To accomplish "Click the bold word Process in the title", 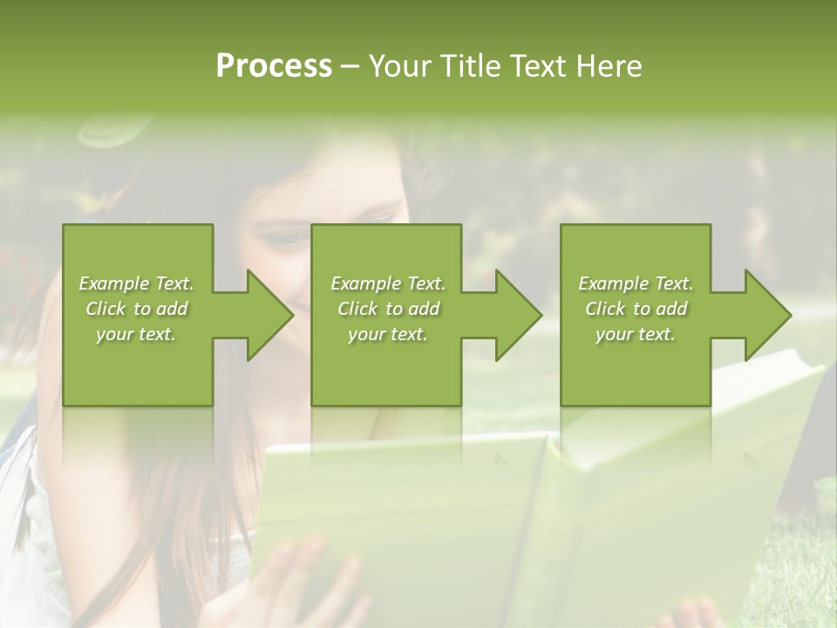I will pyautogui.click(x=274, y=66).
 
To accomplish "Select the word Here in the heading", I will pyautogui.click(x=609, y=66).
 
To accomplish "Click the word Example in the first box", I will pyautogui.click(x=113, y=283).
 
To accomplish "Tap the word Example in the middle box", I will pyautogui.click(x=365, y=283).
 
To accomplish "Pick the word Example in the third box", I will pyautogui.click(x=613, y=283).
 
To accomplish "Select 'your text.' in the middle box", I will pyautogui.click(x=387, y=334).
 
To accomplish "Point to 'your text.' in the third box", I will pyautogui.click(x=635, y=334).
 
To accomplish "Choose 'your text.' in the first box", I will pyautogui.click(x=135, y=334).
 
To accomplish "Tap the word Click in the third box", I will pyautogui.click(x=605, y=309).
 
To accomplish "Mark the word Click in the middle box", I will pyautogui.click(x=357, y=309).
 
